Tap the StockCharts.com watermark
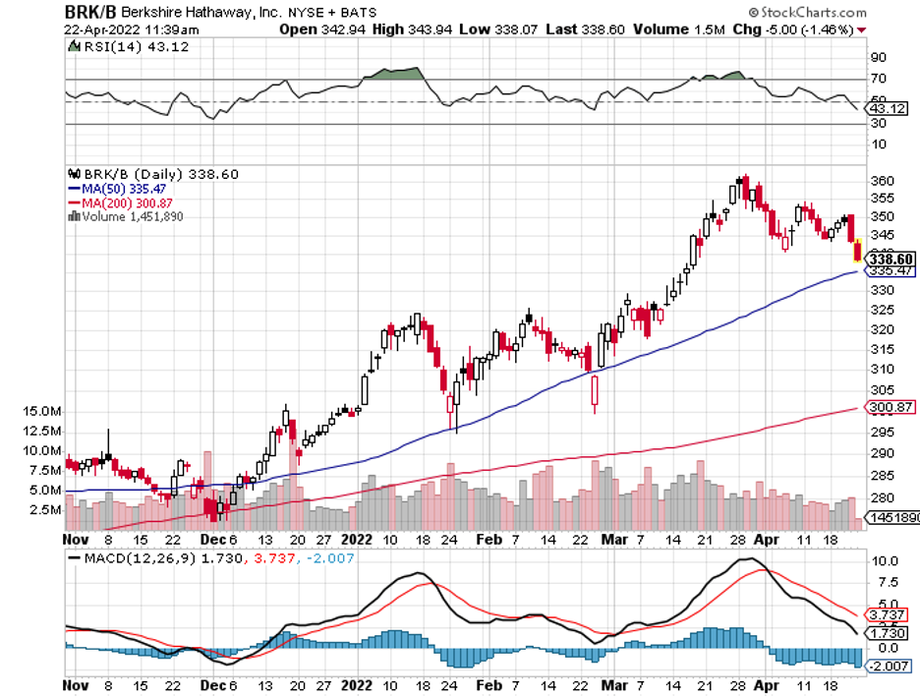tap(807, 13)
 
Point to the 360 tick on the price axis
tap(881, 182)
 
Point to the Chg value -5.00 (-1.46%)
tap(801, 29)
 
